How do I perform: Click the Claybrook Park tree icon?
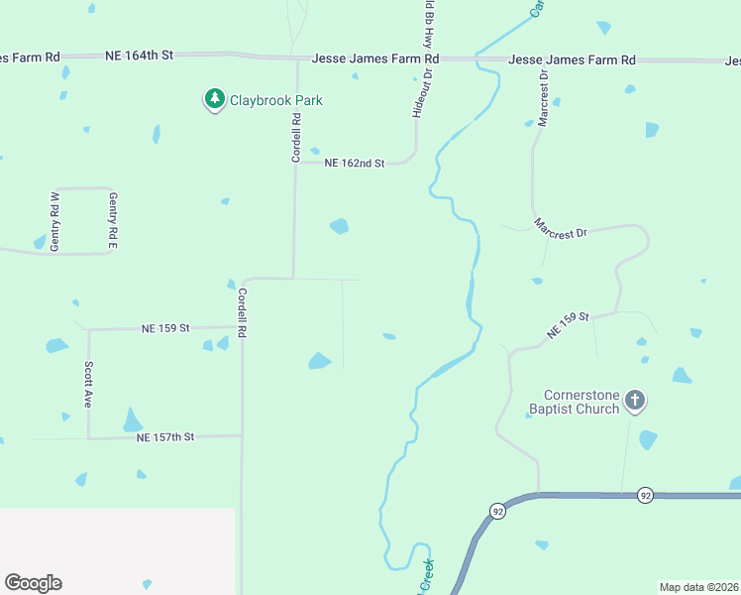tap(215, 100)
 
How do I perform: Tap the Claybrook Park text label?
tap(276, 100)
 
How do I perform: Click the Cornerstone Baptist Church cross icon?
tap(635, 402)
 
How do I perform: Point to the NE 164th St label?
tap(139, 56)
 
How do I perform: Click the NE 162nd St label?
tap(353, 163)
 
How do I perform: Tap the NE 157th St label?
tap(165, 436)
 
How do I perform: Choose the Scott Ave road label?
tap(88, 385)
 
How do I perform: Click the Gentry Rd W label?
tap(55, 221)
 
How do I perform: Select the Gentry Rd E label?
tap(113, 221)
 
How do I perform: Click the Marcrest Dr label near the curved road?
tap(561, 228)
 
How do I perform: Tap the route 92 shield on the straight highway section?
tap(646, 494)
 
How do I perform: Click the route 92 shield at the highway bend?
tap(496, 511)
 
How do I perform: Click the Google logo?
tap(33, 583)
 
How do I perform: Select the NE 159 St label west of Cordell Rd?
tap(165, 327)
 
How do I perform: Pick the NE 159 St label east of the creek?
tap(569, 323)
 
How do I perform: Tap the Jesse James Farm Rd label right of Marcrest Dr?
tap(572, 60)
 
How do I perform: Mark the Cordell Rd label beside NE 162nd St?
tap(296, 139)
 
